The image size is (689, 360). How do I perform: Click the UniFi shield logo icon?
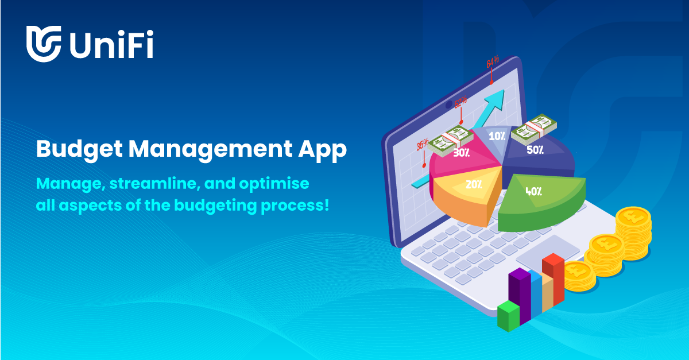(x=44, y=43)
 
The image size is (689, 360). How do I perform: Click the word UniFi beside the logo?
(x=111, y=44)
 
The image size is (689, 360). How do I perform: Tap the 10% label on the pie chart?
(x=497, y=137)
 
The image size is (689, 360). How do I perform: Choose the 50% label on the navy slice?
(x=535, y=150)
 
